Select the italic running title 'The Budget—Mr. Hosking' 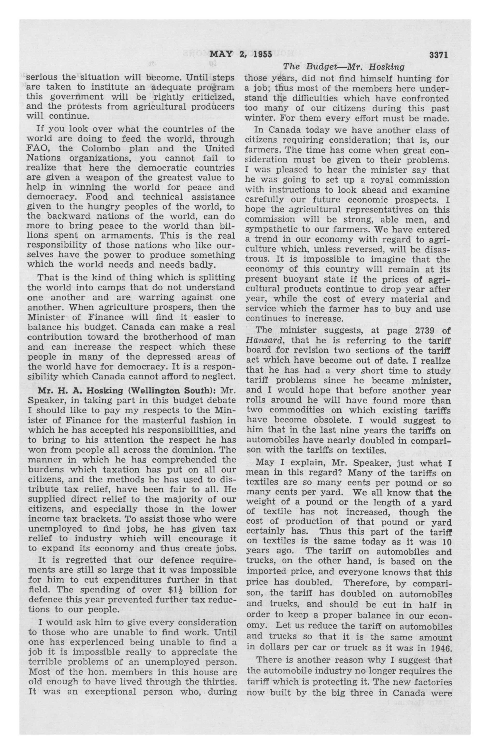[x=343, y=67]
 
